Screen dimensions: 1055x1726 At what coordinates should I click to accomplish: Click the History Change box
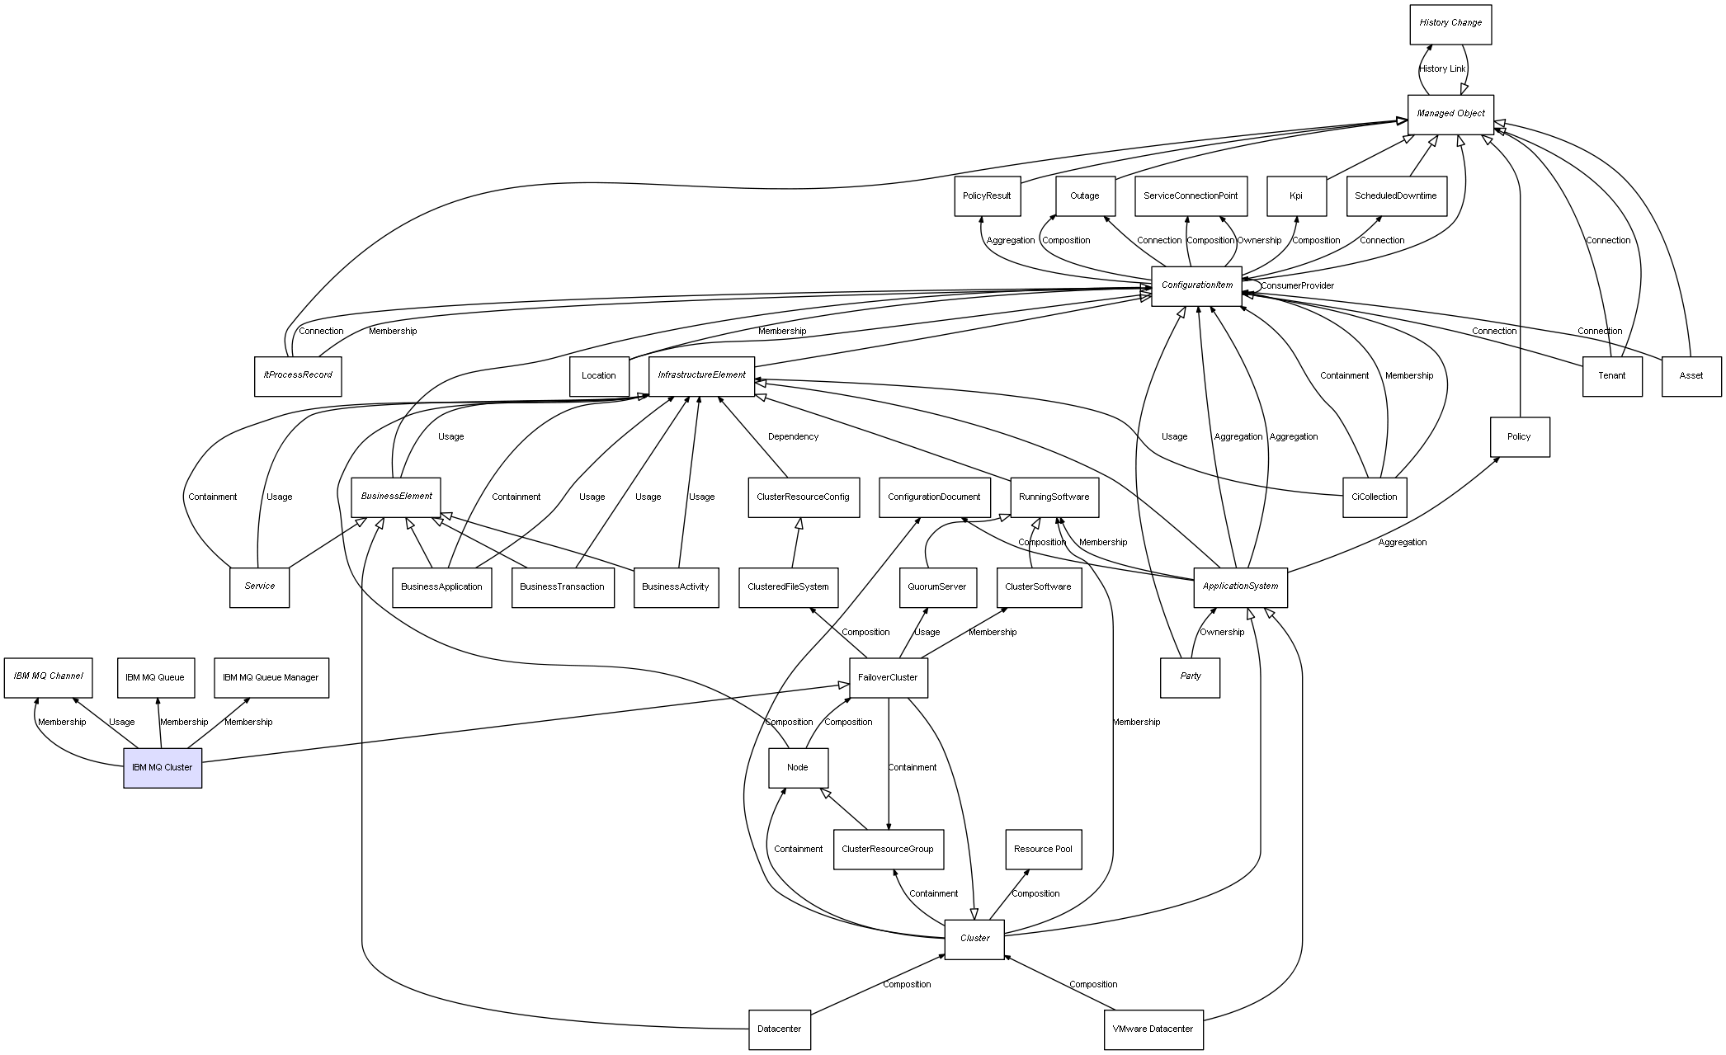tap(1450, 24)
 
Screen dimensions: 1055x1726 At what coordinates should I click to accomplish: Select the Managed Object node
tap(1450, 114)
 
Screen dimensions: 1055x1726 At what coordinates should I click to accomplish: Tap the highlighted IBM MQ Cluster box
tap(163, 767)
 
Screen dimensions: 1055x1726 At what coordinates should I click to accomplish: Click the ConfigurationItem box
tap(1196, 285)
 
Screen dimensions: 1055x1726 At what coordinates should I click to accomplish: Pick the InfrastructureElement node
tap(701, 375)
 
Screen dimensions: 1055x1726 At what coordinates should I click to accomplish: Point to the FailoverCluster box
tap(888, 677)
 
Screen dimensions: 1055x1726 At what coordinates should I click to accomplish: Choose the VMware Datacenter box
tap(1153, 1029)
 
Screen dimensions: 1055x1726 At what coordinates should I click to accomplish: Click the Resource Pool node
tap(1043, 849)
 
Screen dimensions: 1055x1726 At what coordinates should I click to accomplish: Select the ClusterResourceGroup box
tap(888, 849)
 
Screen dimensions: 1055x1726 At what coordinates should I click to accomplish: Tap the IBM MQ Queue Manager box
tap(271, 677)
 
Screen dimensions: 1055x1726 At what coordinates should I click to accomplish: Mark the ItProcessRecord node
tap(298, 375)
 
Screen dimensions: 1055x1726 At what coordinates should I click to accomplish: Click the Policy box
tap(1519, 436)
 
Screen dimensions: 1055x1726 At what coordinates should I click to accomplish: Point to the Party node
tap(1190, 676)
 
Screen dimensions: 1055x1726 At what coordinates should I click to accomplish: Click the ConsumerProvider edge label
tap(1297, 285)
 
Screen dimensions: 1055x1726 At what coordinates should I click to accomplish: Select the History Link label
tap(1442, 68)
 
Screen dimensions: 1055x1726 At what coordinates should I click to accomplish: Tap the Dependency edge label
tap(793, 436)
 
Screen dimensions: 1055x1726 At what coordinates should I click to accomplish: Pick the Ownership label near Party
tap(1221, 632)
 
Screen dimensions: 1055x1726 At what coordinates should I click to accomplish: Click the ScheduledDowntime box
tap(1395, 195)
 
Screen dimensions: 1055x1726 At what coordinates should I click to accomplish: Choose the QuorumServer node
tap(937, 586)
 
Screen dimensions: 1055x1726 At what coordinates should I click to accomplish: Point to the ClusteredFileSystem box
tap(788, 586)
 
